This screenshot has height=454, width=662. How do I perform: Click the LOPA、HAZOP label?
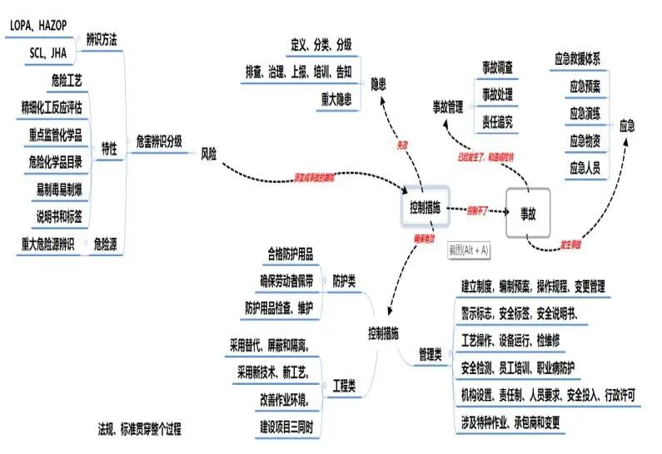[37, 26]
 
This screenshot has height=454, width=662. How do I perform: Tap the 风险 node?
[208, 154]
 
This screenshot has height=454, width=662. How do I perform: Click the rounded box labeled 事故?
[528, 213]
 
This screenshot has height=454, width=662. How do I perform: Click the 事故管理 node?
[447, 106]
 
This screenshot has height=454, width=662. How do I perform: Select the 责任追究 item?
[497, 121]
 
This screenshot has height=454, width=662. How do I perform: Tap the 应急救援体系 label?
[583, 60]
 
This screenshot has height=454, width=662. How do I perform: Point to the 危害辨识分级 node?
[159, 141]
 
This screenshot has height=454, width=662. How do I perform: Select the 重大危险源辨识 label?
[47, 244]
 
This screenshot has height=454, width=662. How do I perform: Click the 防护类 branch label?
[345, 281]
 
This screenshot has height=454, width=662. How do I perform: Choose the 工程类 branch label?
[344, 386]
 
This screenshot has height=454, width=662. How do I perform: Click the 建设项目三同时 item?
[286, 426]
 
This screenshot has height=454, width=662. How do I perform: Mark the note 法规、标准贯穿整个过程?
[139, 430]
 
